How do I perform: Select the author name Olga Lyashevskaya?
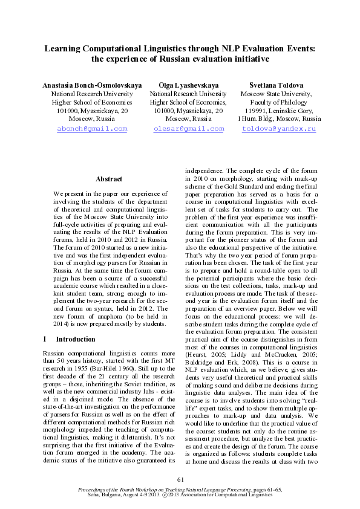pos(188,86)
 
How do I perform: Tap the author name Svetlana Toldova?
pos(277,86)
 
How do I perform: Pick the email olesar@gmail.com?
pos(189,129)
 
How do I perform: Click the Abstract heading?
pos(109,180)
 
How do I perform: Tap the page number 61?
pos(180,479)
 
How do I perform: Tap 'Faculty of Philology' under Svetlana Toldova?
pos(277,103)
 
